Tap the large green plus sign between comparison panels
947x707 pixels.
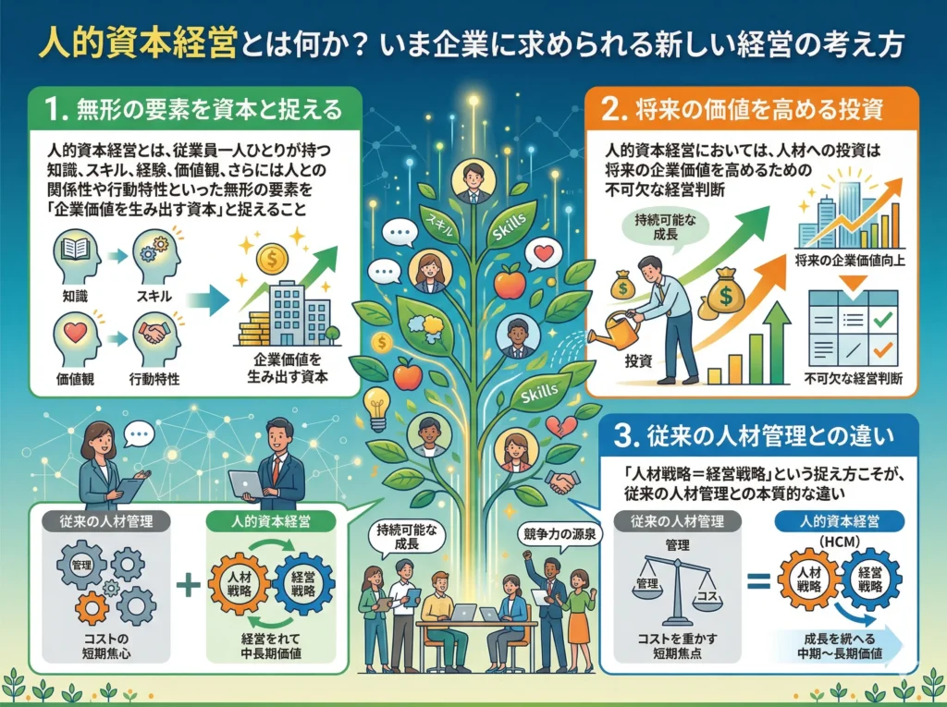[188, 586]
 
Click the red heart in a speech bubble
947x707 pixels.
[545, 251]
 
